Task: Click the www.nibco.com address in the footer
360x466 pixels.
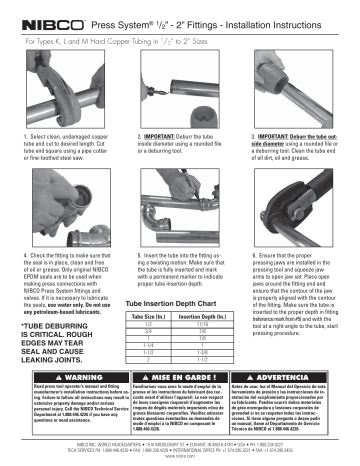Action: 180,458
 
